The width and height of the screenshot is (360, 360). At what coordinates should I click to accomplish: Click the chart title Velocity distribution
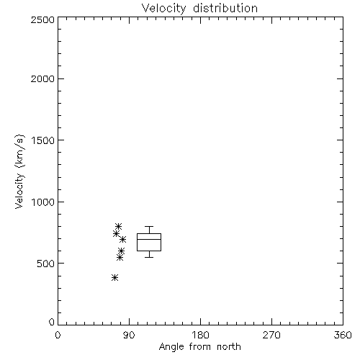point(199,8)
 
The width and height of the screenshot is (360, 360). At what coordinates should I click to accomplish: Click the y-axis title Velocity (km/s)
point(19,171)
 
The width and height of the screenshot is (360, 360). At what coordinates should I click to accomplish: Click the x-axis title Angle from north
point(199,347)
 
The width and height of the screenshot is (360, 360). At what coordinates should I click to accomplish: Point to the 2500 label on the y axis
point(42,19)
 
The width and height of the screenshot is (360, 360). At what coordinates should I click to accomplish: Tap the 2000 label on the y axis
point(42,78)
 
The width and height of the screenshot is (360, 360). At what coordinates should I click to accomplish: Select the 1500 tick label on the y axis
point(43,140)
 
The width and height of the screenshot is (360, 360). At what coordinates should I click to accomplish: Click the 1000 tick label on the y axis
point(43,202)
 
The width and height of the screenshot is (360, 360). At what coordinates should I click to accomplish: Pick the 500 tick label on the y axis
point(46,264)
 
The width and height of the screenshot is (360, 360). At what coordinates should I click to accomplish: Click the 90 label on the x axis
point(129,335)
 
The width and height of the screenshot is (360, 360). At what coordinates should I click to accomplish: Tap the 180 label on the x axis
point(200,335)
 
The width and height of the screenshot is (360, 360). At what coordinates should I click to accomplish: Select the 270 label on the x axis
point(271,335)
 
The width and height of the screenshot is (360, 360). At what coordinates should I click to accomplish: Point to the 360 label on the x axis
point(343,335)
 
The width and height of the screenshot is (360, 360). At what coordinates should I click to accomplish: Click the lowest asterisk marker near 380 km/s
point(114,278)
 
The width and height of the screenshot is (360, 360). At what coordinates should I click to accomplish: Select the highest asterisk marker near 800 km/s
point(118,226)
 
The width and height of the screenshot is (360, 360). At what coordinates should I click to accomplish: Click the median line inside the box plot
point(149,239)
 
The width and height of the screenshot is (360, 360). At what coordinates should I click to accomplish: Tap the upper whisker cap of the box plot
point(149,226)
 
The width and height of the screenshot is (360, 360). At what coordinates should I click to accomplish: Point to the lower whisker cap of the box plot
point(149,257)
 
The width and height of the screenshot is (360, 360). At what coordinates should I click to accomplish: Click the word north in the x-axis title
point(229,347)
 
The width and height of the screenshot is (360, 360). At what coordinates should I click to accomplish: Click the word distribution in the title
point(225,8)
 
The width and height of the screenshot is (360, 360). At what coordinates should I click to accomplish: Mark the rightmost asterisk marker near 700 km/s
point(122,239)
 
